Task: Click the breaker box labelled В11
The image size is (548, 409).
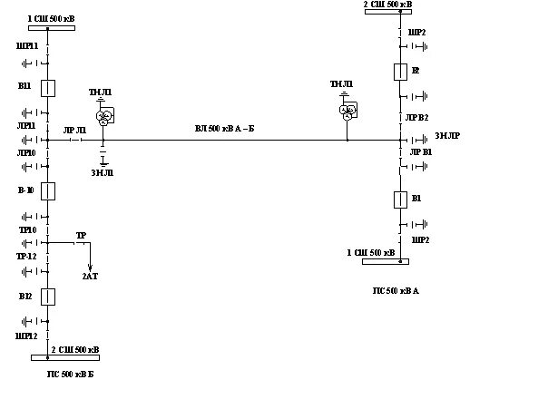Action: (x=50, y=88)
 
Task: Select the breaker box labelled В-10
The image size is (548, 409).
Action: (x=50, y=190)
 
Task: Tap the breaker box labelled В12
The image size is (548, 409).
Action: (x=50, y=297)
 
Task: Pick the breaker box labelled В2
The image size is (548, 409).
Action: (x=400, y=73)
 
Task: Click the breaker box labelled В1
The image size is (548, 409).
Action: (x=400, y=200)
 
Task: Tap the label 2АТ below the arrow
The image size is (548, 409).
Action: (x=90, y=276)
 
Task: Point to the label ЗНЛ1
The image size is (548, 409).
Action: (x=101, y=173)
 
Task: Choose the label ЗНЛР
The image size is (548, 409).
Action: (x=446, y=136)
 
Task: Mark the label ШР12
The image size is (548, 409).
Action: (x=26, y=336)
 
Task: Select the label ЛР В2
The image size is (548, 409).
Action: (x=416, y=118)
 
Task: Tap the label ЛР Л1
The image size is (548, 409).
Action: (x=74, y=131)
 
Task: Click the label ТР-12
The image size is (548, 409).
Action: (x=26, y=257)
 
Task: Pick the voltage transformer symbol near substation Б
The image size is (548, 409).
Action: (x=105, y=115)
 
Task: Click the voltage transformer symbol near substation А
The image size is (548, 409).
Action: (x=347, y=110)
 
